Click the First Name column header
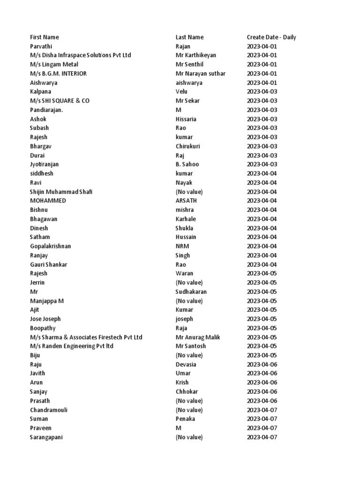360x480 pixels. (x=45, y=37)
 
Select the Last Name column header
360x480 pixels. (x=189, y=37)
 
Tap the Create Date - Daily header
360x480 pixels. (x=271, y=37)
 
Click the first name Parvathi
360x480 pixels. (x=41, y=46)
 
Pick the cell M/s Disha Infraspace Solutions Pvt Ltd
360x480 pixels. (x=81, y=55)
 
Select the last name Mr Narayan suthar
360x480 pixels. (x=201, y=74)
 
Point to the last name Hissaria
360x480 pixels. (x=186, y=119)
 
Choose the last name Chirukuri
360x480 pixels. (x=188, y=146)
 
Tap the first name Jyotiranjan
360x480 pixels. (x=45, y=165)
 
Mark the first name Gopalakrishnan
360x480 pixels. (x=51, y=246)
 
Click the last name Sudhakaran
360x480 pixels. (x=191, y=292)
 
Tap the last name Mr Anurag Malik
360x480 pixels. (x=198, y=337)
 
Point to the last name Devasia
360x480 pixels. (x=186, y=364)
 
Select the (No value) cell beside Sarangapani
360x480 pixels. (x=189, y=437)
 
